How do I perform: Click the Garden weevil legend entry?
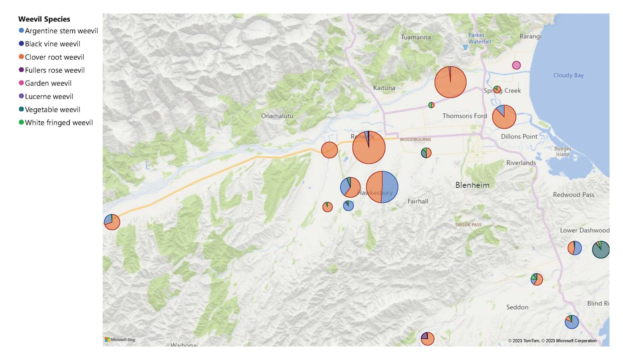pos(48,83)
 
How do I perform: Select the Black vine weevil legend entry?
pos(52,44)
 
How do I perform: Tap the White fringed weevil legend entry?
pos(58,123)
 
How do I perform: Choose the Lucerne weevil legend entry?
pos(49,97)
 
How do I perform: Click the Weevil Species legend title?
pos(44,19)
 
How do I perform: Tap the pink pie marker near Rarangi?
pos(516,65)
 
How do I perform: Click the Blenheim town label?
pos(472,185)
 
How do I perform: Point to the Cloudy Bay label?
pos(568,75)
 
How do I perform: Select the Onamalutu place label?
pos(277,116)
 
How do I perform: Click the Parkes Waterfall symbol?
pos(465,47)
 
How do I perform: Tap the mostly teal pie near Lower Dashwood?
pos(600,250)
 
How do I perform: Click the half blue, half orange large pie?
pos(382,187)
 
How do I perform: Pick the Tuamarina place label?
pos(416,37)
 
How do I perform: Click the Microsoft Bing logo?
pos(120,340)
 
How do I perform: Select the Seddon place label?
pos(517,307)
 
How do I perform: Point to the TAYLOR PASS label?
pos(468,225)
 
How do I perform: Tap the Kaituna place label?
pos(384,88)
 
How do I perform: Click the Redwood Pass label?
pos(573,195)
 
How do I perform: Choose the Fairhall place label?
pos(418,201)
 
